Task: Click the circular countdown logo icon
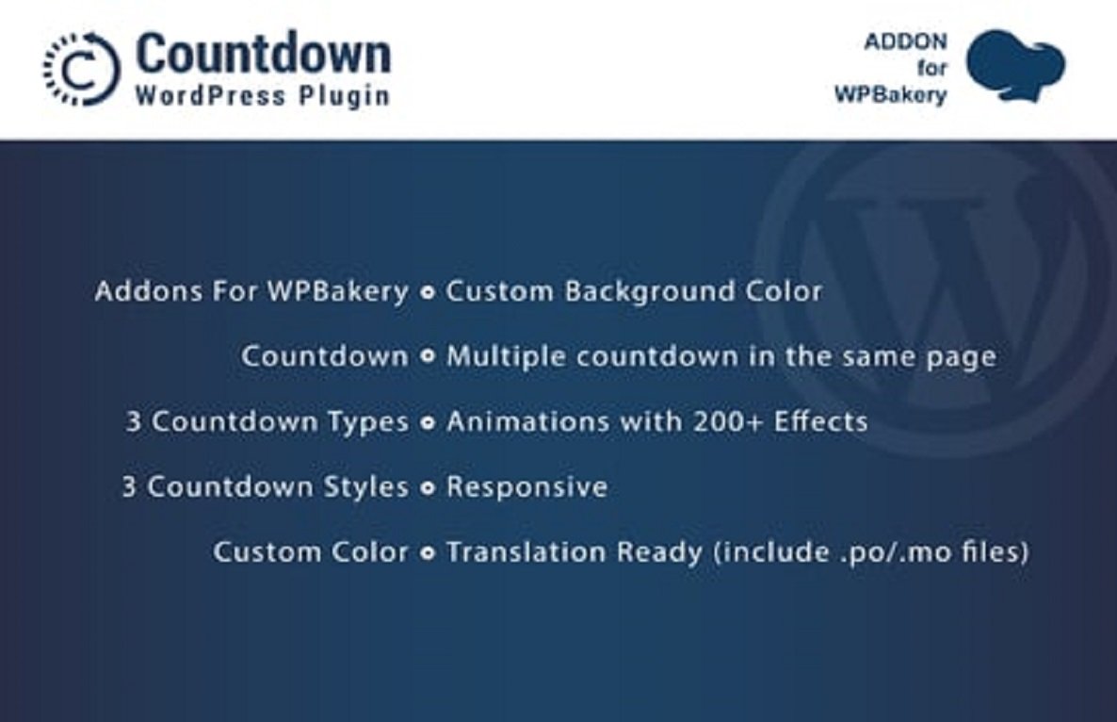coord(80,68)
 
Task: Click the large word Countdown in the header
coord(263,54)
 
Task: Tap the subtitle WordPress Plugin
coord(263,96)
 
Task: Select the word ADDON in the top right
coord(907,41)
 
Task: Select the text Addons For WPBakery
coord(251,291)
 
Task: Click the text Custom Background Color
coord(634,291)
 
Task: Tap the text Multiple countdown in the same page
coord(720,356)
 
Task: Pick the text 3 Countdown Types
coord(267,421)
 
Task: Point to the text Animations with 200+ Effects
coord(656,421)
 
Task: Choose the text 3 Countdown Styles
coord(265,486)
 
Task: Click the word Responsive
coord(526,486)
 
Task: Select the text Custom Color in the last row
coord(311,551)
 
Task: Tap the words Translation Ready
coord(575,551)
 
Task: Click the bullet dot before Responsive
coord(428,488)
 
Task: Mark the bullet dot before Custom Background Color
coord(428,293)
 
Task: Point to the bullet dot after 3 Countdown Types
coord(428,423)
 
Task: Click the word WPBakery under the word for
coord(890,94)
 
